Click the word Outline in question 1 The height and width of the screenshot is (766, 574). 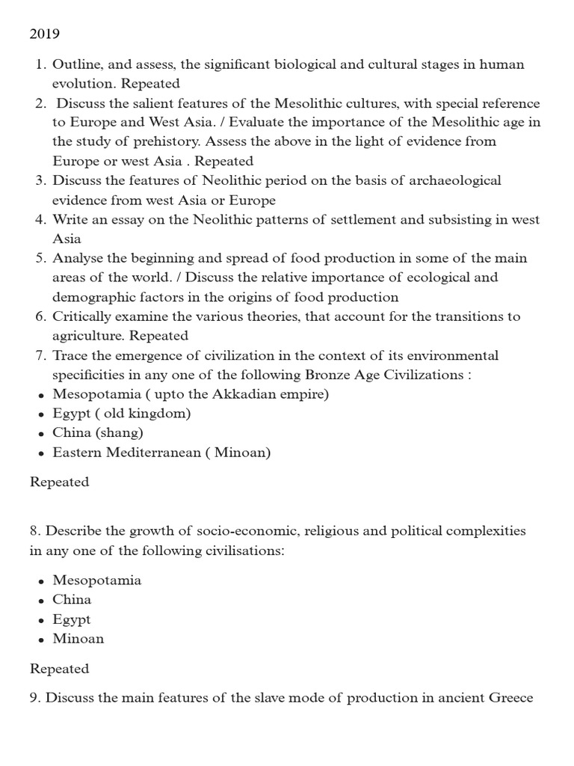(x=75, y=64)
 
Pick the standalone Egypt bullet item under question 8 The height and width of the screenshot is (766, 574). (x=71, y=619)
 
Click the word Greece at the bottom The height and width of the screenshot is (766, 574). (x=510, y=698)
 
